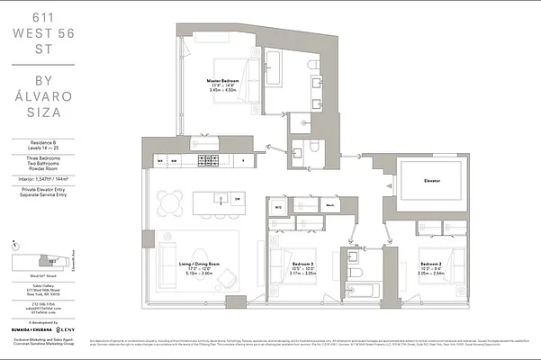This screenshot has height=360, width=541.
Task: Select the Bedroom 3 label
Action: coord(302,251)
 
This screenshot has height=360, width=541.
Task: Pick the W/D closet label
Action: coord(278,207)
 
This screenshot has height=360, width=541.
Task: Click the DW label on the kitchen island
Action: coord(238,199)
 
